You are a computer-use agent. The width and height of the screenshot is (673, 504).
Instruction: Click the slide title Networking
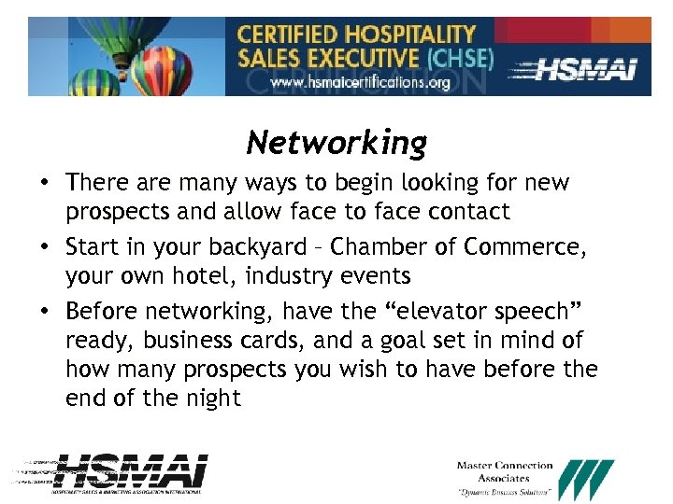pos(336,143)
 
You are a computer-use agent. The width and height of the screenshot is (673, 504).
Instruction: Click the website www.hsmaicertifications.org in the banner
pos(361,82)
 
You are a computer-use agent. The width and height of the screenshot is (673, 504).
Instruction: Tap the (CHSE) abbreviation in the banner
pos(459,58)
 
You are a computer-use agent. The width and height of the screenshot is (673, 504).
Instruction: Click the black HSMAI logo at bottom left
pos(131,473)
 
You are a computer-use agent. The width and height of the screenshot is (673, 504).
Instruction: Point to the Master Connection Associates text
pos(505,472)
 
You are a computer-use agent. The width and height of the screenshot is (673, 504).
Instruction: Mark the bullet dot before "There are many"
pos(46,183)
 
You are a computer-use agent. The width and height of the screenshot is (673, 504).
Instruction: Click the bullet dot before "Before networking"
pos(46,310)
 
